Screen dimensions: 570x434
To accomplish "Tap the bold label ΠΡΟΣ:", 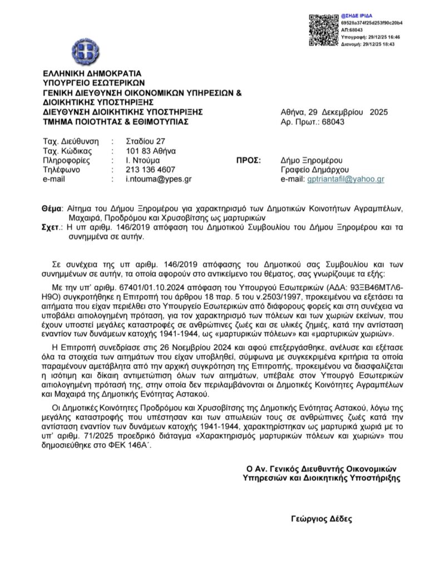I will coord(249,160).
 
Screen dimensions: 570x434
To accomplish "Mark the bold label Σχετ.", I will coord(53,227).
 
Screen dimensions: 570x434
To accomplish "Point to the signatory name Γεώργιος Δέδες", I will coord(321,517).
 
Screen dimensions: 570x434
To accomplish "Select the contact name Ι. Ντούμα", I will coord(144,160).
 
